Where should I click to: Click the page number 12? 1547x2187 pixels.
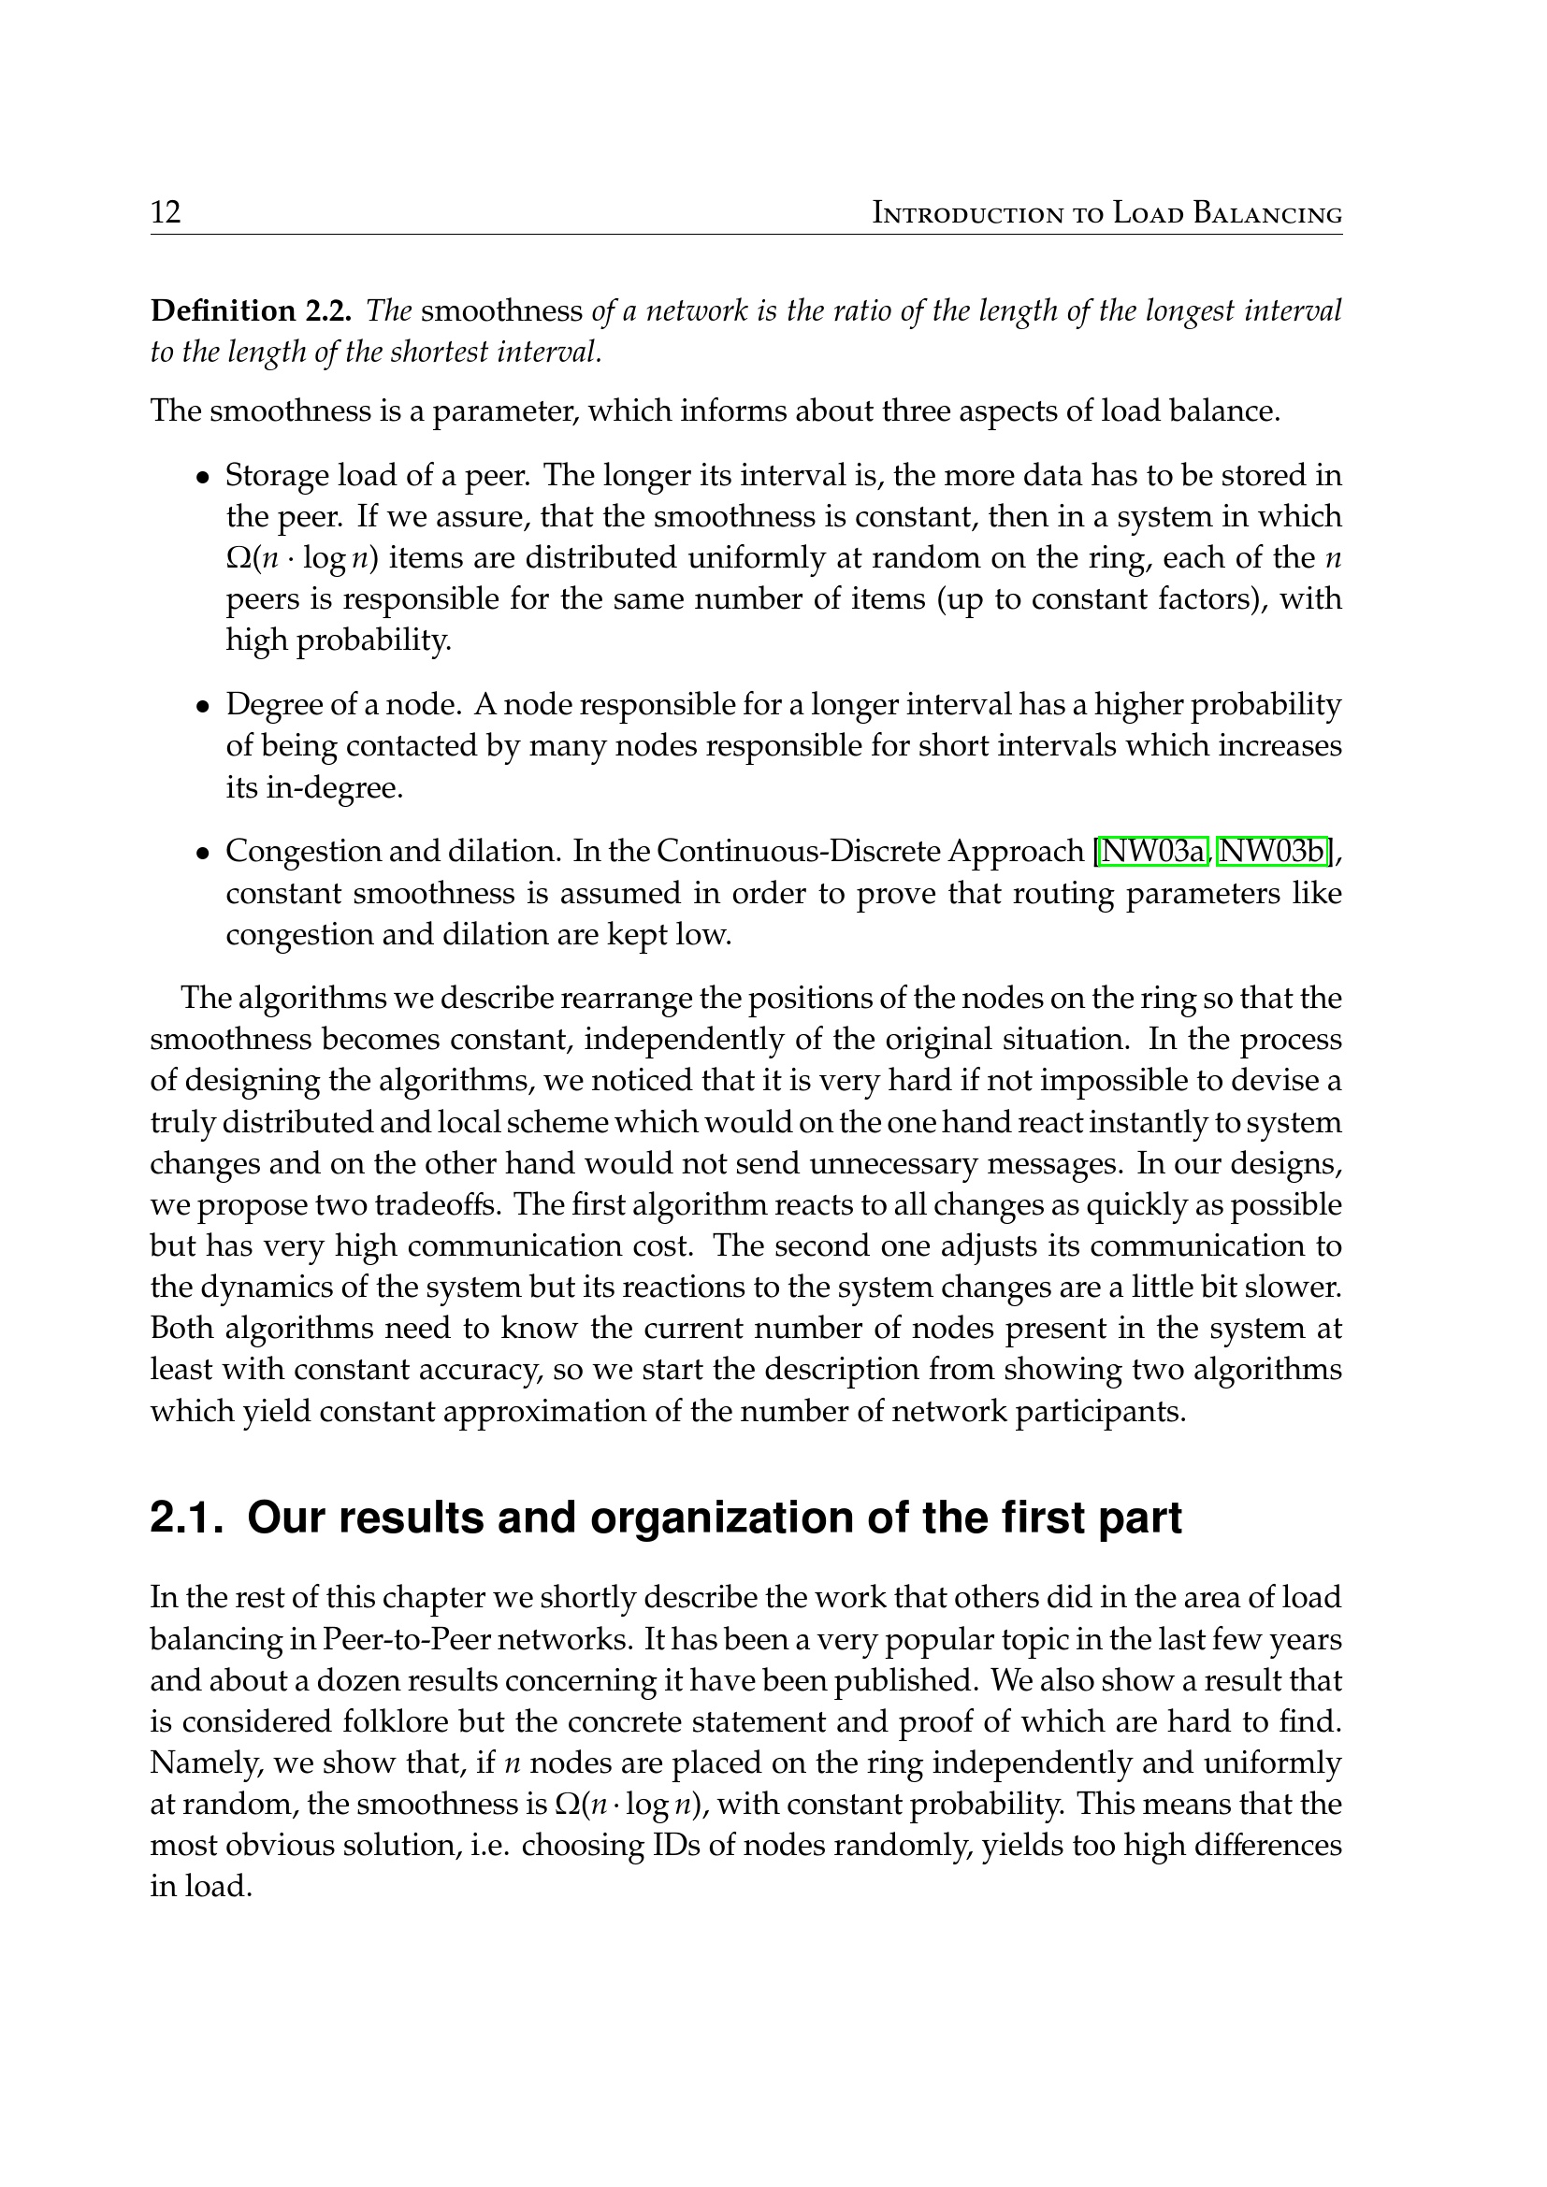[x=166, y=211]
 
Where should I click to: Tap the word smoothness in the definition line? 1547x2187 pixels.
[x=502, y=310]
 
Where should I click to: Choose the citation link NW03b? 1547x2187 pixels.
[x=1274, y=851]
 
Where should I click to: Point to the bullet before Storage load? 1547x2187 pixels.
[x=202, y=477]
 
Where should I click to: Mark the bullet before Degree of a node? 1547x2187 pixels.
[x=202, y=707]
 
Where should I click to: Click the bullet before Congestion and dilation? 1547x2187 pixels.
[x=202, y=854]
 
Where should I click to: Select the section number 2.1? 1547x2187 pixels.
[x=186, y=1518]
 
